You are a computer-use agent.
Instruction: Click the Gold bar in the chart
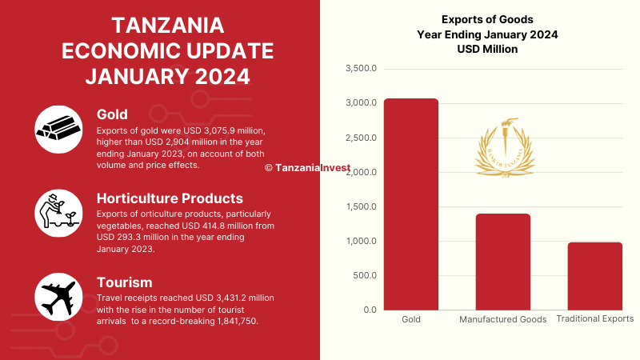click(x=410, y=204)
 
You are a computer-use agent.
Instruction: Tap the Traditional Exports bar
click(x=595, y=276)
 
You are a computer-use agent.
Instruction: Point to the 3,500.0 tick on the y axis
click(x=361, y=69)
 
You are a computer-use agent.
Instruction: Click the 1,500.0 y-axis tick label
click(x=361, y=207)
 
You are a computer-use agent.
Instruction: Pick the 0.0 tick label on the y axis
click(x=369, y=310)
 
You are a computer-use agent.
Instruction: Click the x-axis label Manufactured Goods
click(x=503, y=319)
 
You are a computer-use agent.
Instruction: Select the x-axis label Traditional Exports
click(x=595, y=318)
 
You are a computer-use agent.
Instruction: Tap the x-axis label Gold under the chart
click(x=410, y=319)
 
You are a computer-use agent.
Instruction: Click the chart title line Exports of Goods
click(x=487, y=19)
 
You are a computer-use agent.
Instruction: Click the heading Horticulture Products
click(x=170, y=198)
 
